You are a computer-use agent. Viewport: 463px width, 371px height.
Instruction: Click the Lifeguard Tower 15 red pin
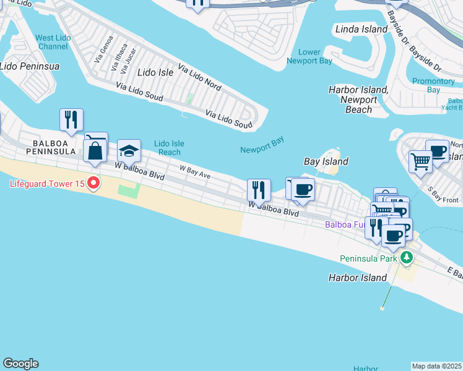(93, 183)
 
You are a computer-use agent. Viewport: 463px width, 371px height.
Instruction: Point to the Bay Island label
(326, 161)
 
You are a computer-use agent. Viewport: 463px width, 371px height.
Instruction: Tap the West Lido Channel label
(53, 42)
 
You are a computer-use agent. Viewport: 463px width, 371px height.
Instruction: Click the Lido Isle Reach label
(168, 148)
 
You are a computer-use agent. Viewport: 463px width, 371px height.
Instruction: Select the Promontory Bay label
(433, 85)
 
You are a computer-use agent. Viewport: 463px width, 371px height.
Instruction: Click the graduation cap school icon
(129, 151)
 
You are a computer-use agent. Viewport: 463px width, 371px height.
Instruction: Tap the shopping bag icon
(95, 150)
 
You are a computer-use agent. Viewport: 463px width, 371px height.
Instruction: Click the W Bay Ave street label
(195, 171)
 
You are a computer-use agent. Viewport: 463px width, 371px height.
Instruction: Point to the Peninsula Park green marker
(406, 257)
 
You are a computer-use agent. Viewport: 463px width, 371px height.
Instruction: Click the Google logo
(20, 364)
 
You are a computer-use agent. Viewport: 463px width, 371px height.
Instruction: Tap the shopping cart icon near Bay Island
(420, 161)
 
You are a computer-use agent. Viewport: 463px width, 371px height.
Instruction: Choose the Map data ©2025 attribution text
(437, 366)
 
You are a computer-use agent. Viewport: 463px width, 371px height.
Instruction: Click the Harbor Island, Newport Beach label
(358, 100)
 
